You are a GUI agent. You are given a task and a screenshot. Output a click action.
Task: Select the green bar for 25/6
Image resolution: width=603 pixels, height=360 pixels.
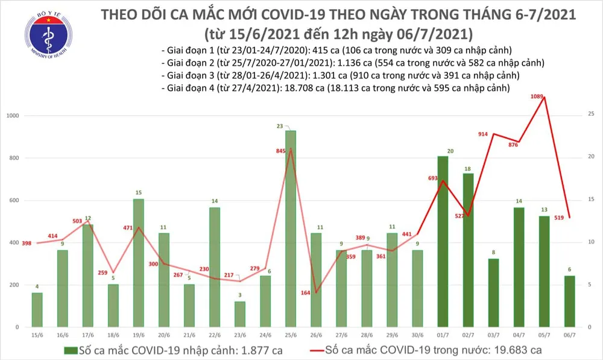[291, 229]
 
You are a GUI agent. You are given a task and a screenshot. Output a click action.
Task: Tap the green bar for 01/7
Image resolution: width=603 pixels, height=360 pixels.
[442, 241]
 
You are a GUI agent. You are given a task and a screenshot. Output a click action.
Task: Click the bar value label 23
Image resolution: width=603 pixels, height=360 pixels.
[291, 126]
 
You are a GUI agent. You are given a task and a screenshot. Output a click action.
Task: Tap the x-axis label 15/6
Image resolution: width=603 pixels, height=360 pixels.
[37, 335]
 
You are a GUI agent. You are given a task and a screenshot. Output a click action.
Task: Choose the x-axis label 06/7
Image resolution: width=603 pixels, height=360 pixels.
[569, 335]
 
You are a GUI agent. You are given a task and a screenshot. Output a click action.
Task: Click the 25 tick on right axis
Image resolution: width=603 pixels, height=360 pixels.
[591, 114]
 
